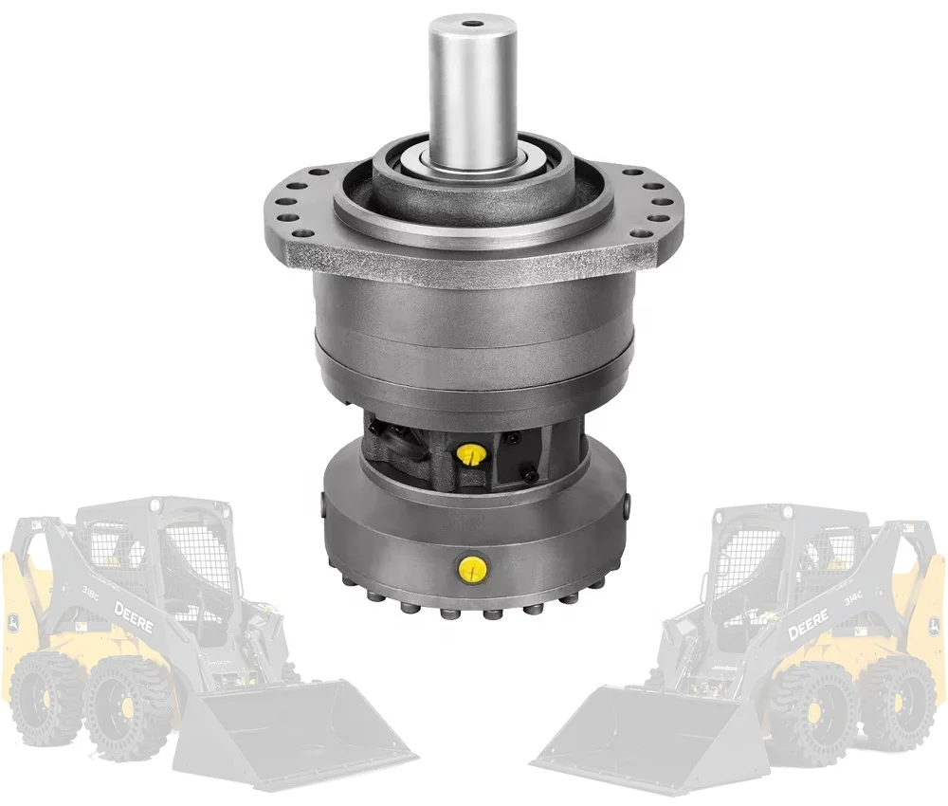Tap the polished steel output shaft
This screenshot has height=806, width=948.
pos(470,85)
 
